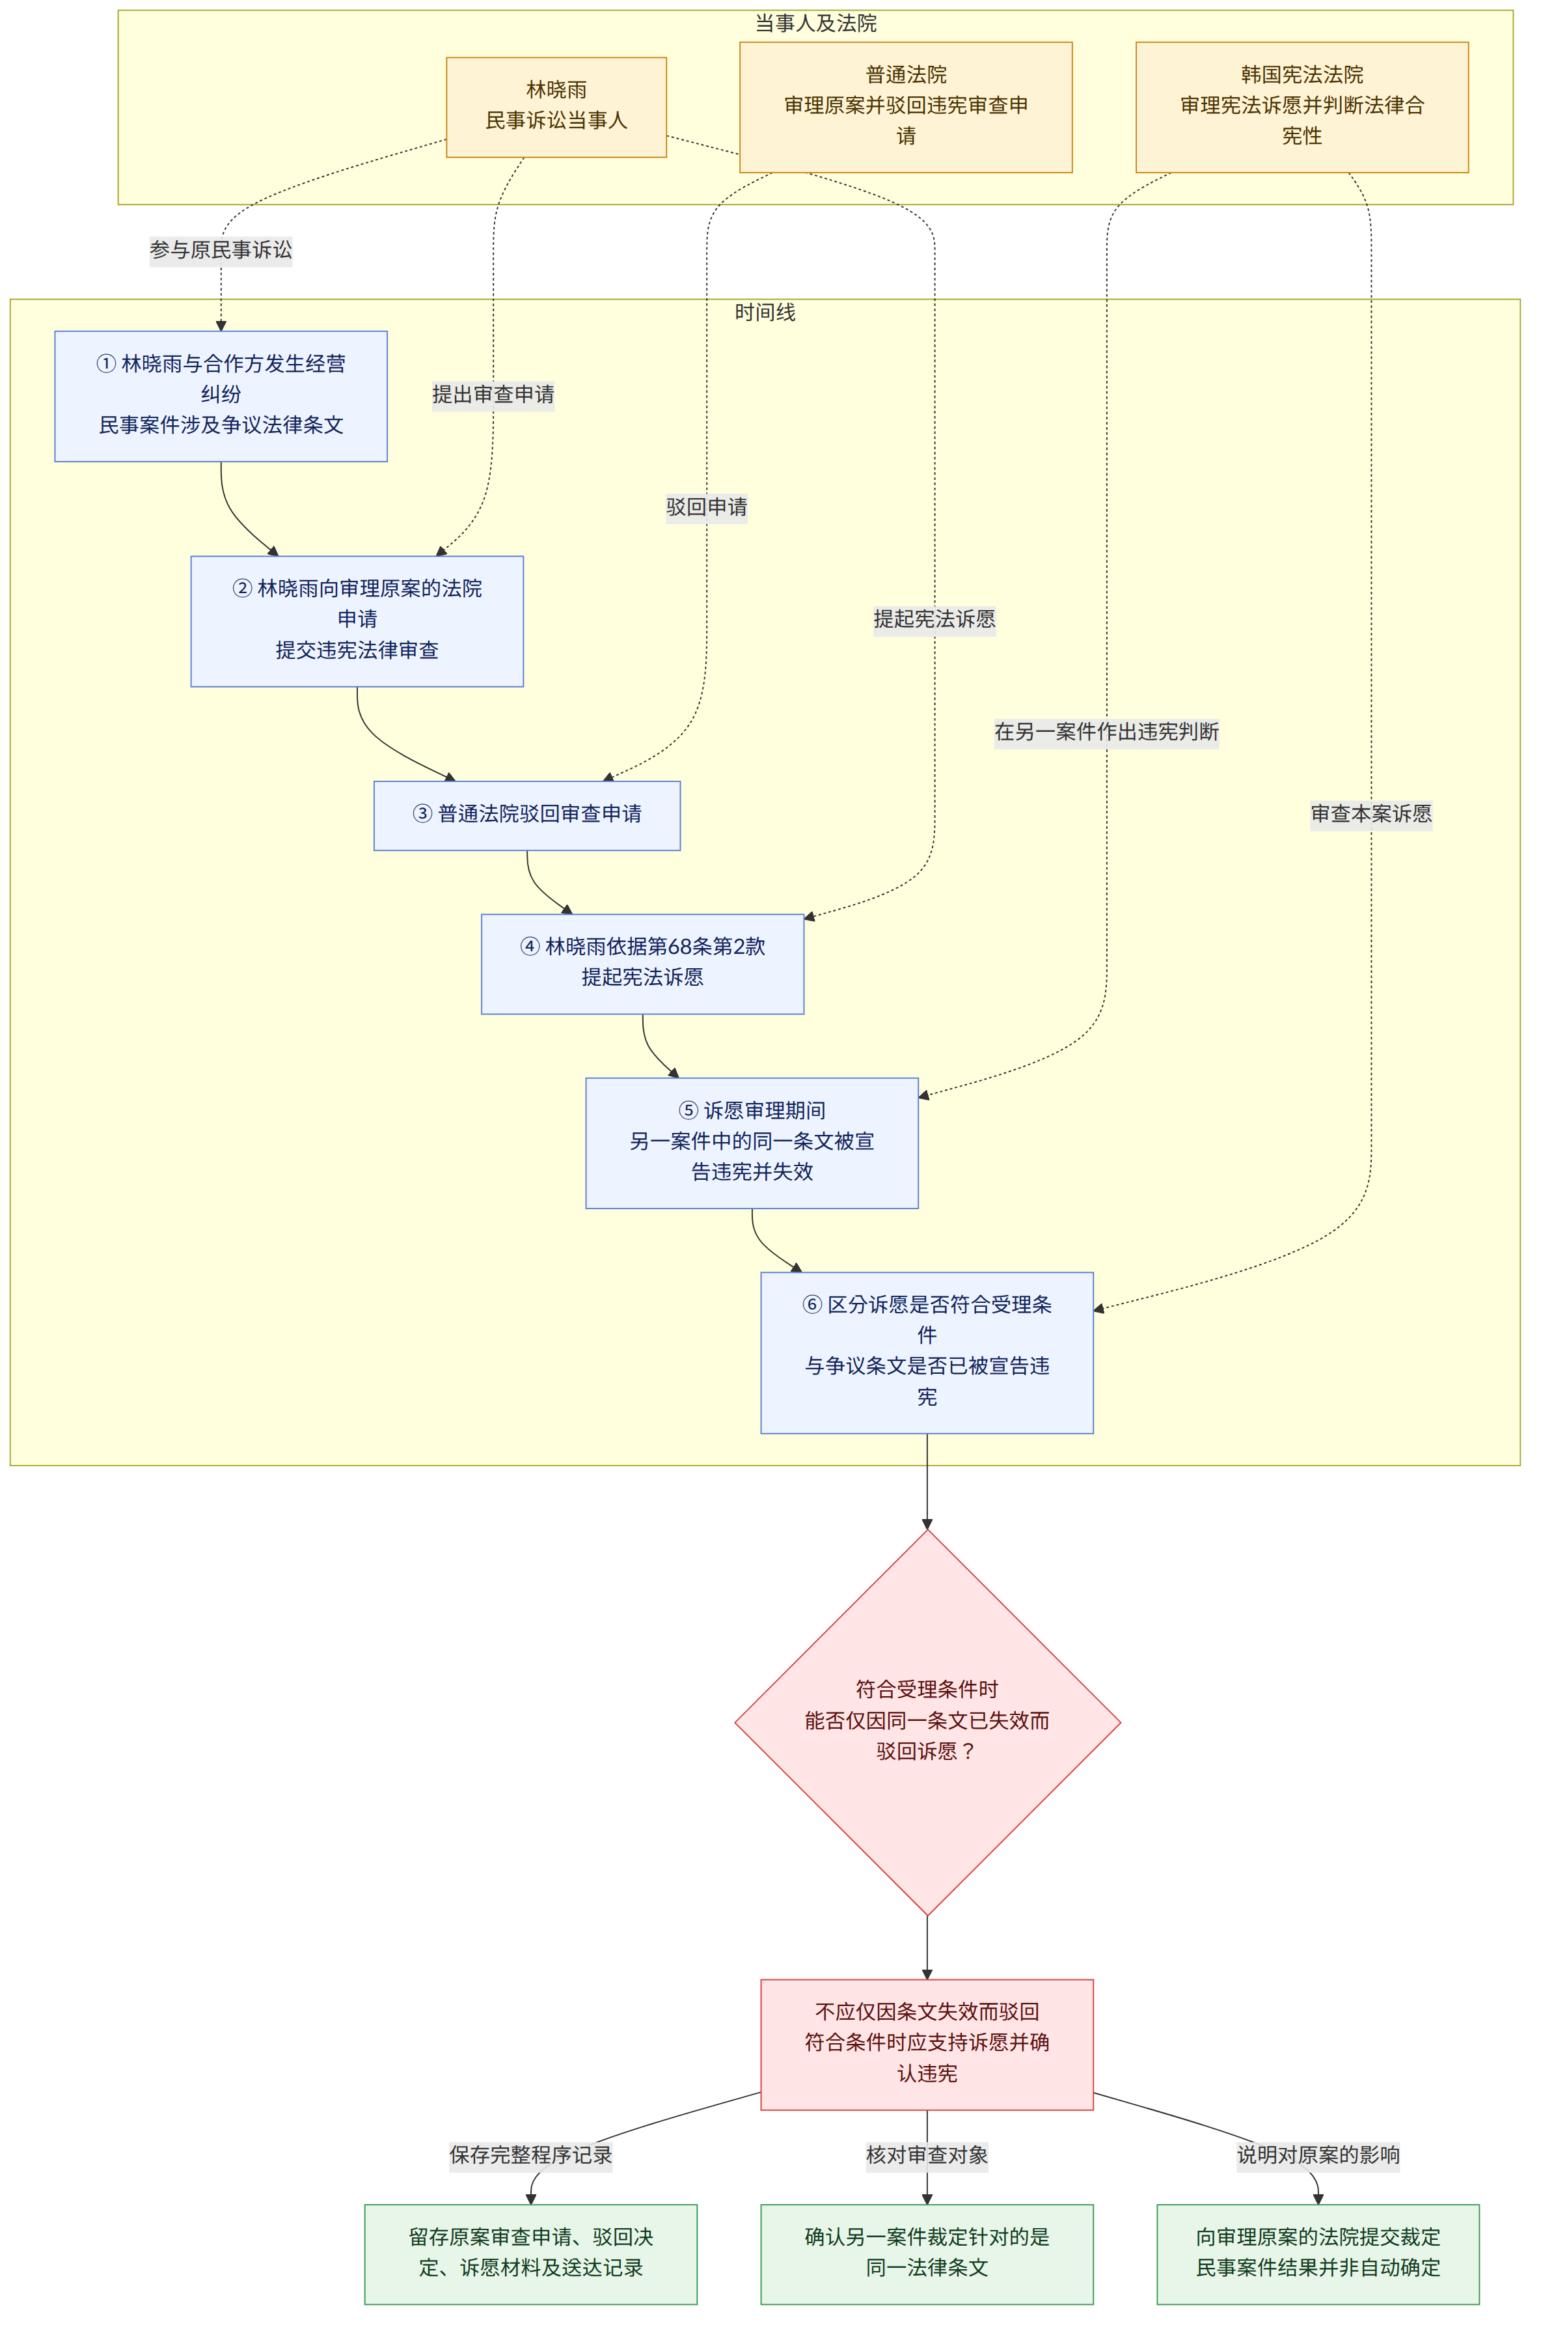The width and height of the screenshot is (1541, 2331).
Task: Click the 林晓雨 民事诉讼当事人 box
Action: tap(556, 106)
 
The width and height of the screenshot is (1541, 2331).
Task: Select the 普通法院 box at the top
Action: tap(905, 106)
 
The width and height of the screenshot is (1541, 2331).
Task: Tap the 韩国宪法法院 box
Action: tap(1302, 106)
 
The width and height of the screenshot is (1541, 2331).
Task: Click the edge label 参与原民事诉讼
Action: tap(221, 250)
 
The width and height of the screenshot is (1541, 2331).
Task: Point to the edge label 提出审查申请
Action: tap(493, 394)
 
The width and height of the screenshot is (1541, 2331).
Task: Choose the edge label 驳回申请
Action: tap(707, 507)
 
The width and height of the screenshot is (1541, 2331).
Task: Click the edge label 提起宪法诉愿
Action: tap(934, 619)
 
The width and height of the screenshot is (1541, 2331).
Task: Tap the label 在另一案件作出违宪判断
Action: tap(1106, 731)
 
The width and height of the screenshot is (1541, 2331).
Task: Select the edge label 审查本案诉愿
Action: tap(1371, 814)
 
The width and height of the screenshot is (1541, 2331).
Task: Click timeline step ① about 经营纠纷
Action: tap(221, 395)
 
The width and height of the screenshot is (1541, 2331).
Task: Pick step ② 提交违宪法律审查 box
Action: tap(357, 621)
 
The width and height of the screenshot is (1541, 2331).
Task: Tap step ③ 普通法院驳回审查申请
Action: tap(526, 815)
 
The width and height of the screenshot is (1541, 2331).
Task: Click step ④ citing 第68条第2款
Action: tap(643, 964)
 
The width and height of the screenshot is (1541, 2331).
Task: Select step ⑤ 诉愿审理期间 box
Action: tap(752, 1143)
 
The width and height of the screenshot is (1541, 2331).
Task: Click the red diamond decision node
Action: tap(927, 1722)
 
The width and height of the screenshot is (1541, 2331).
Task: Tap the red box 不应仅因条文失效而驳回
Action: tap(927, 2044)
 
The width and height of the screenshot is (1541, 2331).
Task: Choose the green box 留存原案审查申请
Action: tap(531, 2254)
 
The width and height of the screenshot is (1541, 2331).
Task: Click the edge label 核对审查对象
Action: tap(927, 2155)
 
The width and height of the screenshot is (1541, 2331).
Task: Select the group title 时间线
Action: tap(765, 313)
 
